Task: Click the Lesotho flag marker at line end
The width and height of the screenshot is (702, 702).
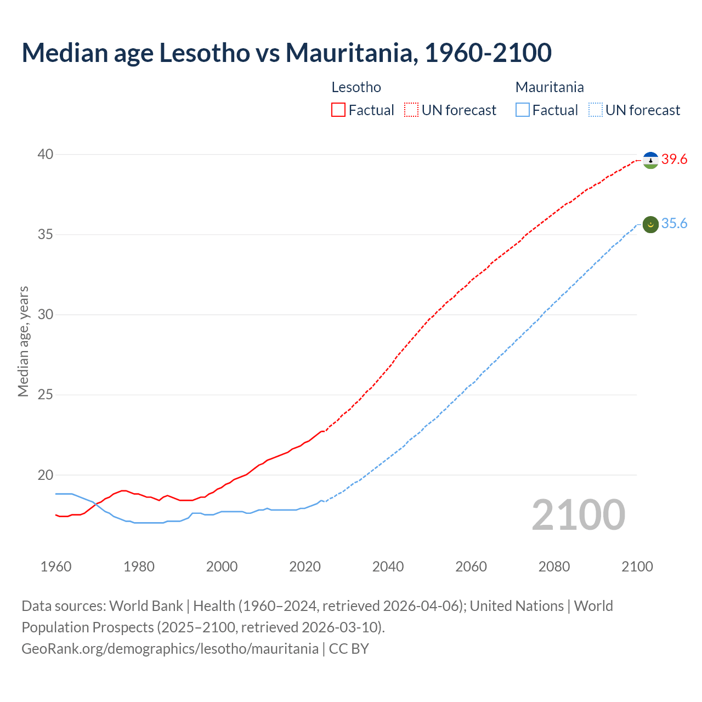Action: point(650,160)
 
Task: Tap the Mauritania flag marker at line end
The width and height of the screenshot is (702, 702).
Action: point(650,224)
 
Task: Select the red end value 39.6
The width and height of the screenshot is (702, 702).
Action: point(674,160)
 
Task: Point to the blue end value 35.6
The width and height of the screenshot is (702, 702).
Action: point(674,224)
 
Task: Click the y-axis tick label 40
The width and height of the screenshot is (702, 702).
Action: point(46,155)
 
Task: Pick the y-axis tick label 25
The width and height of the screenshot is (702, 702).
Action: point(46,395)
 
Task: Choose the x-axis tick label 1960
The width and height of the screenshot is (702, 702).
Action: point(56,567)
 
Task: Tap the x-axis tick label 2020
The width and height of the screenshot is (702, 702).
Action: point(305,567)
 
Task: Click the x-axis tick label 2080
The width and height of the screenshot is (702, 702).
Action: point(554,567)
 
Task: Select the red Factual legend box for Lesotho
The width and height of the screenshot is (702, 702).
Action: point(338,110)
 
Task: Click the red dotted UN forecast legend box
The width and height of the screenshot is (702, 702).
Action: point(411,110)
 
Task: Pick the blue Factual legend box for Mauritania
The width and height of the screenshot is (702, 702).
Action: point(523,110)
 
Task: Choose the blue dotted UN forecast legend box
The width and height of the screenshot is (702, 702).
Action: point(596,110)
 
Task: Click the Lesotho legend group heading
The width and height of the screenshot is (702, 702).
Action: point(356,87)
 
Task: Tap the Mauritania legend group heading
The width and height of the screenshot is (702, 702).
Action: point(550,87)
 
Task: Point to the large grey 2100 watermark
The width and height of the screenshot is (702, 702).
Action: point(578,514)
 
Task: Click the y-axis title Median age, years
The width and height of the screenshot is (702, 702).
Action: point(23,341)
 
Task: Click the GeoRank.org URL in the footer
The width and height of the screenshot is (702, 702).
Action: point(170,649)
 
